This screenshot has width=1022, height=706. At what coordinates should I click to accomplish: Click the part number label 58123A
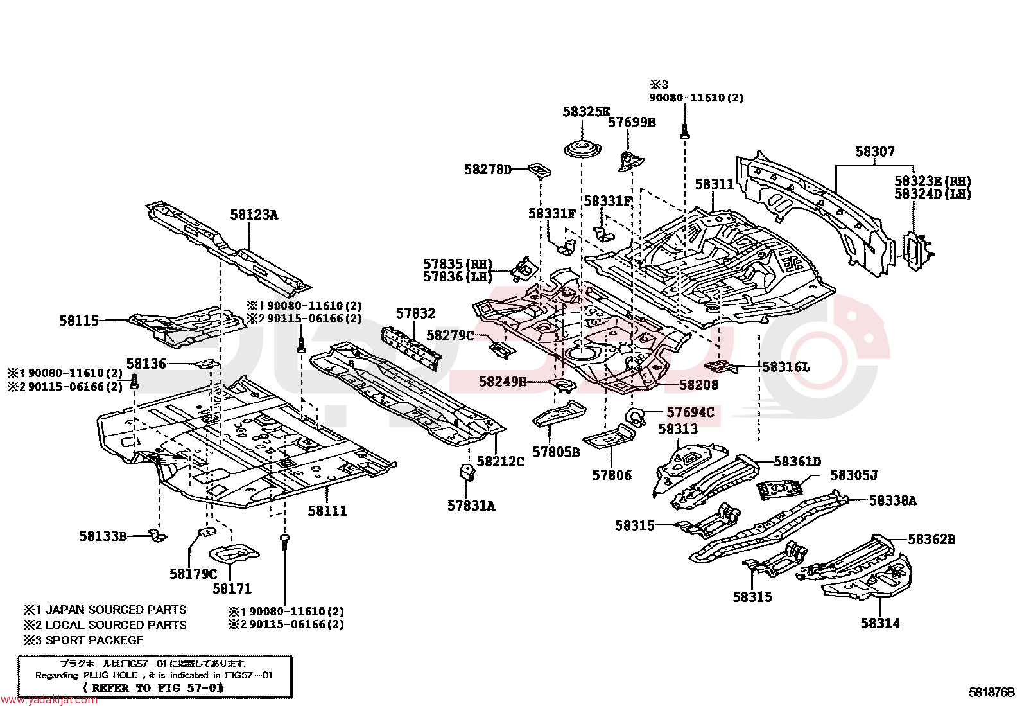point(254,215)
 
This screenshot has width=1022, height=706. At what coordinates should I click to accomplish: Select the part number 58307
point(874,152)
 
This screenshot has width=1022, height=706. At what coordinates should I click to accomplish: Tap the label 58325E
point(586,112)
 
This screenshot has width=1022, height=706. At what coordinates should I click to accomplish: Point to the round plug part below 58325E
point(583,150)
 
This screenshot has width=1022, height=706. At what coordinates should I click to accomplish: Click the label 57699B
point(632,123)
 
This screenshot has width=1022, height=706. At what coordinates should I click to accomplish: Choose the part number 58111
point(327,511)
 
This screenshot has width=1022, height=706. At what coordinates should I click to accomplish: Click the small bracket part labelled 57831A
point(467,473)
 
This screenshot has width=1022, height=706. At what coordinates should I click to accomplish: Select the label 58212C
point(501,461)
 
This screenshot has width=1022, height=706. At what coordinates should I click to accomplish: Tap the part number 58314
point(880,623)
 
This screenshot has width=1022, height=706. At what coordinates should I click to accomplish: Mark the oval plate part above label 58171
point(234,554)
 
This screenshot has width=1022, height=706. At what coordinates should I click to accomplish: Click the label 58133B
point(103,536)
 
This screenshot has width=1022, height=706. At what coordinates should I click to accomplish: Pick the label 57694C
point(690,412)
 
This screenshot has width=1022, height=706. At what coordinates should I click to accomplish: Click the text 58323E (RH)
point(933,181)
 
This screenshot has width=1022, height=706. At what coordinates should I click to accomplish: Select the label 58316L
point(786,367)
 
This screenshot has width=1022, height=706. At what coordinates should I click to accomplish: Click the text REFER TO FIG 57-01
point(154,688)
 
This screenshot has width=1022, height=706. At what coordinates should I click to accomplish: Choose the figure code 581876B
point(991,693)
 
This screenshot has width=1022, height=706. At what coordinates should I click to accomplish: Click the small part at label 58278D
point(539,171)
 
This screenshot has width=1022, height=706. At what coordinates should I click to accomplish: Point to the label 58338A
point(892,500)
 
